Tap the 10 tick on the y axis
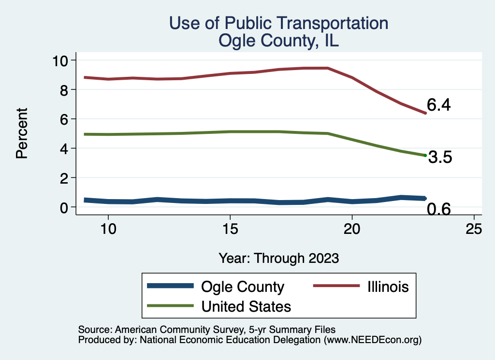pos(61,60)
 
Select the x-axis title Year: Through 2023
pos(278,258)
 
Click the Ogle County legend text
pos(243,287)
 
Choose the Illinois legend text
pos(386,287)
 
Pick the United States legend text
pos(246,306)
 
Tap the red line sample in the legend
pos(336,286)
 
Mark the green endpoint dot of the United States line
pos(425,155)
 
